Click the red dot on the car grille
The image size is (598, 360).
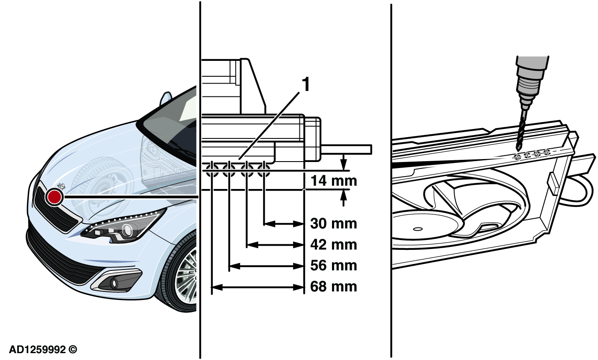(x=55, y=197)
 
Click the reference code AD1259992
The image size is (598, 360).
(x=43, y=350)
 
